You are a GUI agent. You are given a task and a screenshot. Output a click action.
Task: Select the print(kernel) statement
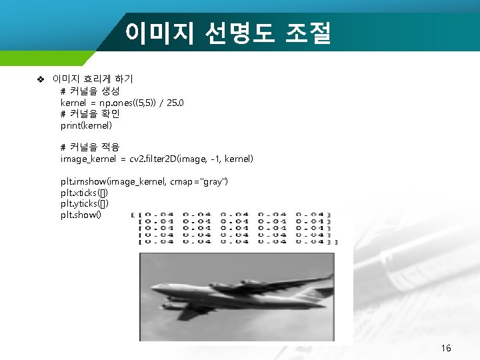pos(86,125)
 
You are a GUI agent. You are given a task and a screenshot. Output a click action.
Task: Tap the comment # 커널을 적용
pos(90,147)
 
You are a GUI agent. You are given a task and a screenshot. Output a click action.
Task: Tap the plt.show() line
pos(81,215)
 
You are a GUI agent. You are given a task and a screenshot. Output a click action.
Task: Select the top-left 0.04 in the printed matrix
pos(159,215)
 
